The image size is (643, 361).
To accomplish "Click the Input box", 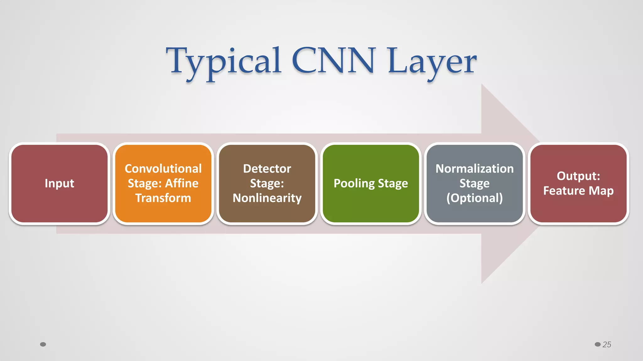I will click(x=59, y=183).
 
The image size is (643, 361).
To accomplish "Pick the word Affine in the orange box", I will click(x=182, y=183).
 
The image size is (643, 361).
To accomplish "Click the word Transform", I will click(x=163, y=198).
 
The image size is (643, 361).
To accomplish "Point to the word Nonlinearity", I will click(x=267, y=198).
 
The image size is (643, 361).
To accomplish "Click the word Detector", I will click(x=267, y=169).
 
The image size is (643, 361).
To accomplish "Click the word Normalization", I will click(x=474, y=169).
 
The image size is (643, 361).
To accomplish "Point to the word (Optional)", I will click(x=474, y=198).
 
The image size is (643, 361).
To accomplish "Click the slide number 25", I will click(x=607, y=344).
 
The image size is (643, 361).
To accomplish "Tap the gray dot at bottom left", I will click(x=43, y=344).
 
